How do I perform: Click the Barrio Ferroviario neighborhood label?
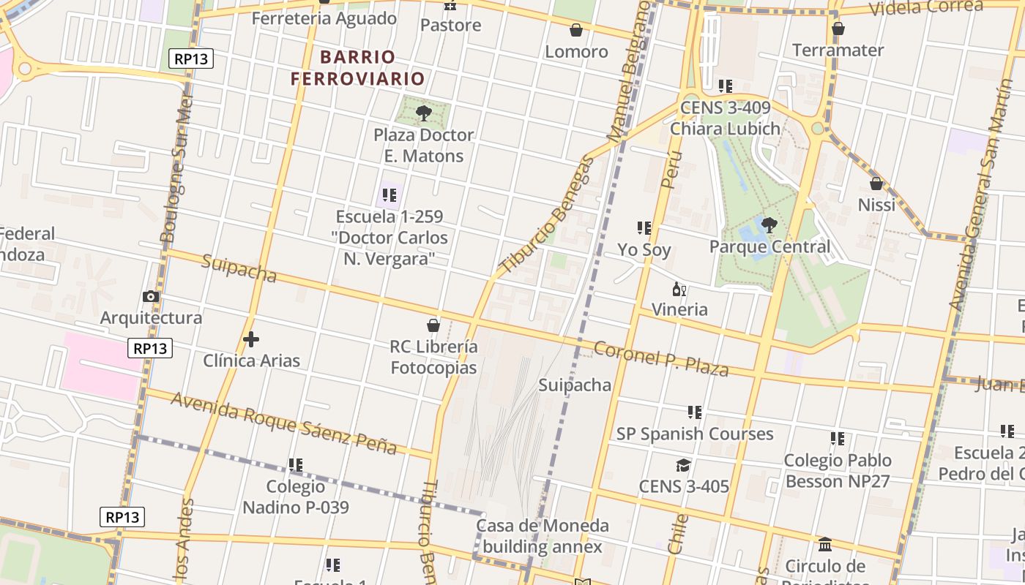357,67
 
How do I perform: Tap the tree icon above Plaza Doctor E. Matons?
423,113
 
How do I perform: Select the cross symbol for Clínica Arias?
251,339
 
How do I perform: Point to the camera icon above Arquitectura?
151,296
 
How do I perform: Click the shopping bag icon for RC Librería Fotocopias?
433,325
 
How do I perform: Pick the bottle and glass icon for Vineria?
679,290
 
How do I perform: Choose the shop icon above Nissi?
876,184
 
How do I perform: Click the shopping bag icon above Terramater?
838,29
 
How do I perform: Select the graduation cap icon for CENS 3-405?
683,465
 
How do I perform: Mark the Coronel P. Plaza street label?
661,358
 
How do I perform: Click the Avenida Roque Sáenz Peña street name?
284,423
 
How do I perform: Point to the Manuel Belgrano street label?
628,72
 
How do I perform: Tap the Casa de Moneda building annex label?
543,536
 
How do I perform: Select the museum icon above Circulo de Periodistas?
825,544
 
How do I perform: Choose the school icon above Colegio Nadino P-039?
296,465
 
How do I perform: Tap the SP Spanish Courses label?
695,434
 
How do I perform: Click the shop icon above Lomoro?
576,30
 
